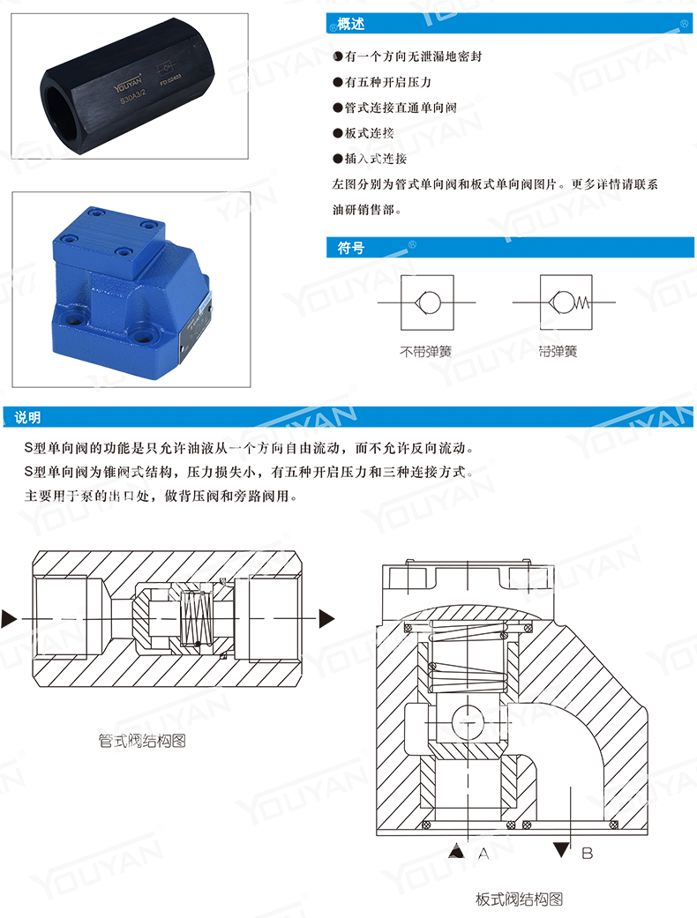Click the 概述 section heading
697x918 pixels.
click(351, 25)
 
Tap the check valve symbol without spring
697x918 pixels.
click(428, 302)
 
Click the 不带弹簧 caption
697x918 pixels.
click(425, 351)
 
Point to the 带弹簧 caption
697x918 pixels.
click(558, 351)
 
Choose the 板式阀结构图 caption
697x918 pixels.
click(519, 899)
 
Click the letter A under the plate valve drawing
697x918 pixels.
click(483, 854)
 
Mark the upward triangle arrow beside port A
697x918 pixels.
click(456, 851)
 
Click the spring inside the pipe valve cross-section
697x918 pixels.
click(195, 616)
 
